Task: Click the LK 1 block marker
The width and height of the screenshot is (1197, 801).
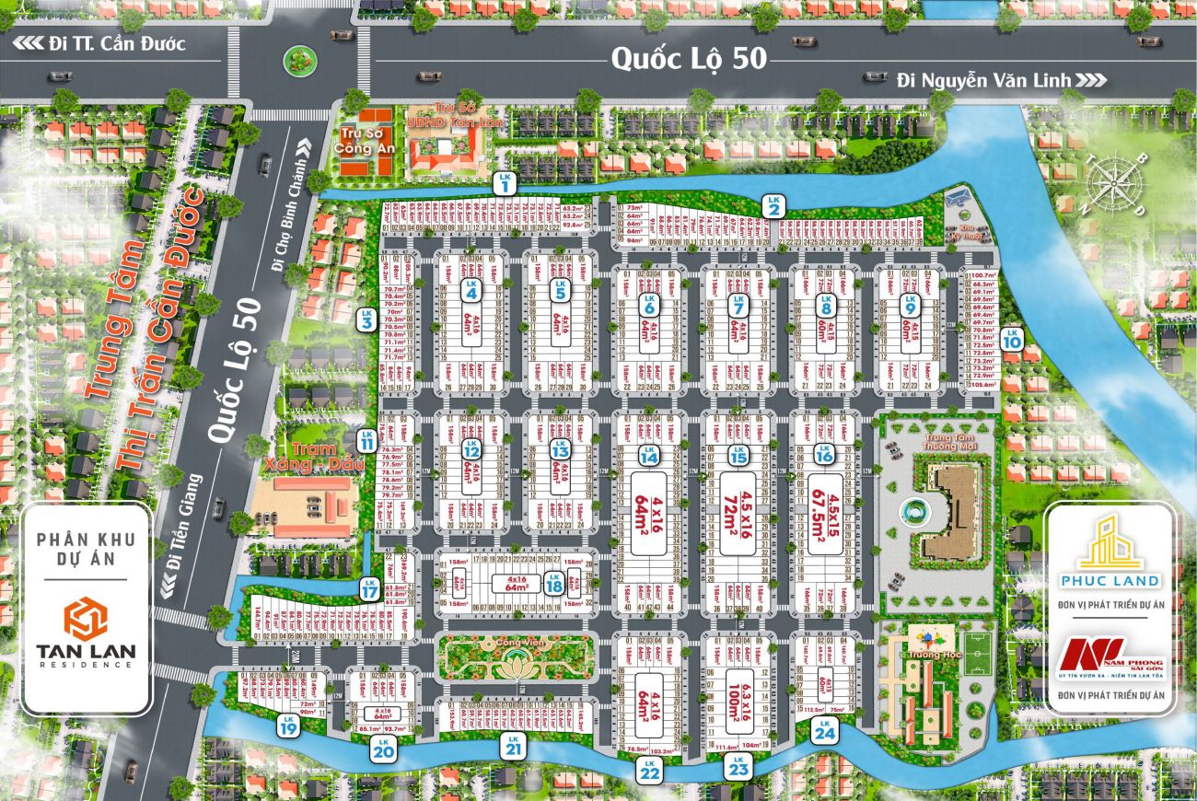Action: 504,183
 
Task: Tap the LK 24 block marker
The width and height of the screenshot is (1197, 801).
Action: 823,731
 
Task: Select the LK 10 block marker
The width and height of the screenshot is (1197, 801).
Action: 1012,338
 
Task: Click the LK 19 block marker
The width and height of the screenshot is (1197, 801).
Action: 288,725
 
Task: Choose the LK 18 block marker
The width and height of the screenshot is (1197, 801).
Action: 553,583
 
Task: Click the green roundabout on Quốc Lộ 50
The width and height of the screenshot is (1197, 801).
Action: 297,60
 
